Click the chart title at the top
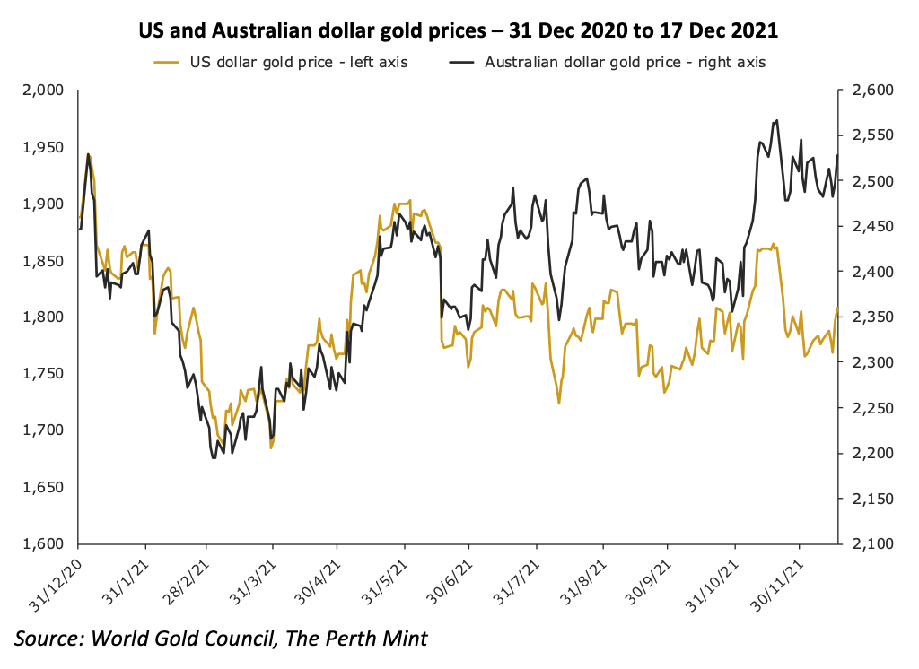coord(459,30)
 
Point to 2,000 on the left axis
coord(45,91)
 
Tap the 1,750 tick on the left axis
coord(45,374)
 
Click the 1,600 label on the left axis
coord(45,544)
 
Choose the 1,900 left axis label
coord(45,204)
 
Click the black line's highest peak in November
coord(776,120)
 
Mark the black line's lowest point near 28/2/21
coord(213,458)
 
